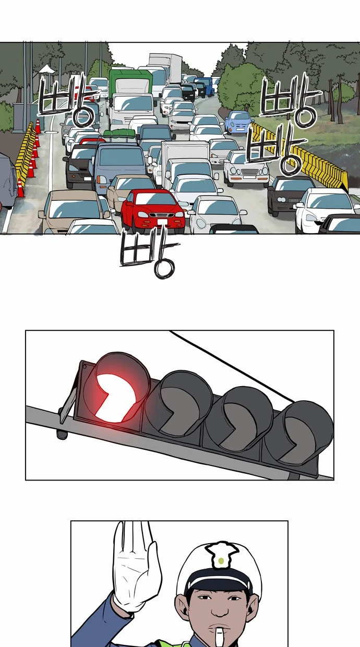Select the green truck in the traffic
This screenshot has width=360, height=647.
tap(130, 84)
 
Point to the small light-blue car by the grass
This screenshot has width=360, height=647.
tap(238, 123)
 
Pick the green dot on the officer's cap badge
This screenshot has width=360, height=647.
tap(221, 561)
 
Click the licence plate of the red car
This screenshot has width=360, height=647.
tap(162, 222)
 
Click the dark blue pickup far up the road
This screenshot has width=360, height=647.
tap(205, 86)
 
